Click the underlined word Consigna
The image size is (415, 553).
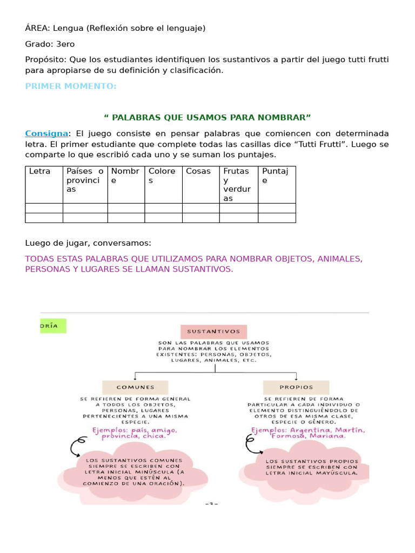[x=46, y=133]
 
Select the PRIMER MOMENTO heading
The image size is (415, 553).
[x=71, y=86]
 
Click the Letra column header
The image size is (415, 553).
[x=39, y=171]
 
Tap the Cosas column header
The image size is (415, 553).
[x=198, y=171]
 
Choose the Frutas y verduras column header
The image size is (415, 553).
[x=237, y=185]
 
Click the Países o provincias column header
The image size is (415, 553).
[x=85, y=180]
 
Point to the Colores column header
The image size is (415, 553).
[x=162, y=176]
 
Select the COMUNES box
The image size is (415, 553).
[x=135, y=387]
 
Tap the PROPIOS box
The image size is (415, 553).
[x=296, y=387]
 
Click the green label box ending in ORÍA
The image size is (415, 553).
[x=53, y=326]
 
